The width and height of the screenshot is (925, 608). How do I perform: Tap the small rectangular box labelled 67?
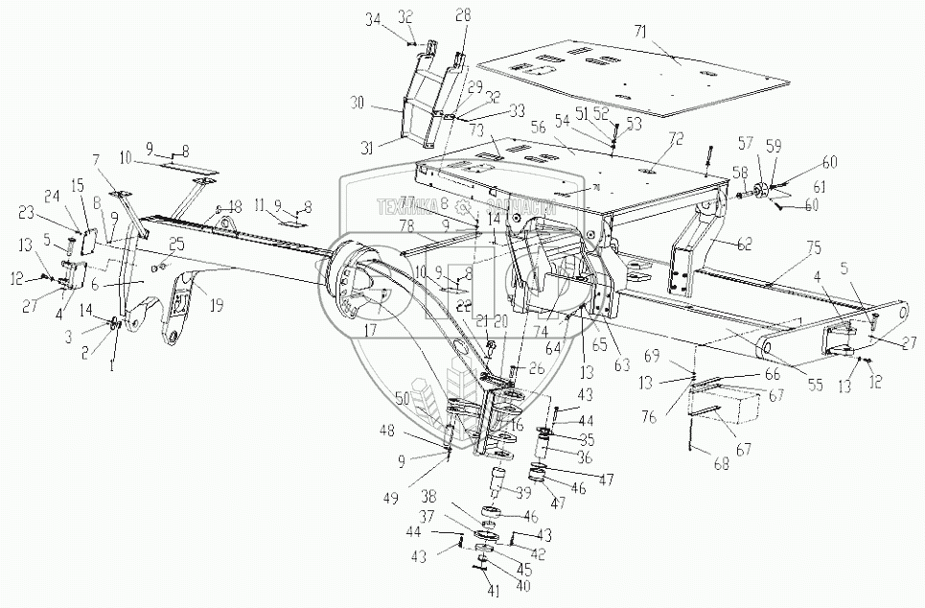pos(732,402)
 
